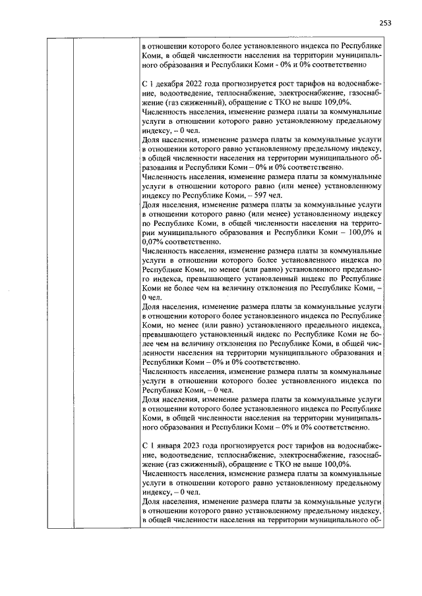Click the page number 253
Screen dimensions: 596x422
click(x=385, y=23)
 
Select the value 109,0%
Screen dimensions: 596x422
click(x=338, y=103)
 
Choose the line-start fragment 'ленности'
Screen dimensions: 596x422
click(x=159, y=353)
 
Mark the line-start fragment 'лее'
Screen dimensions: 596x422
click(x=148, y=344)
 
